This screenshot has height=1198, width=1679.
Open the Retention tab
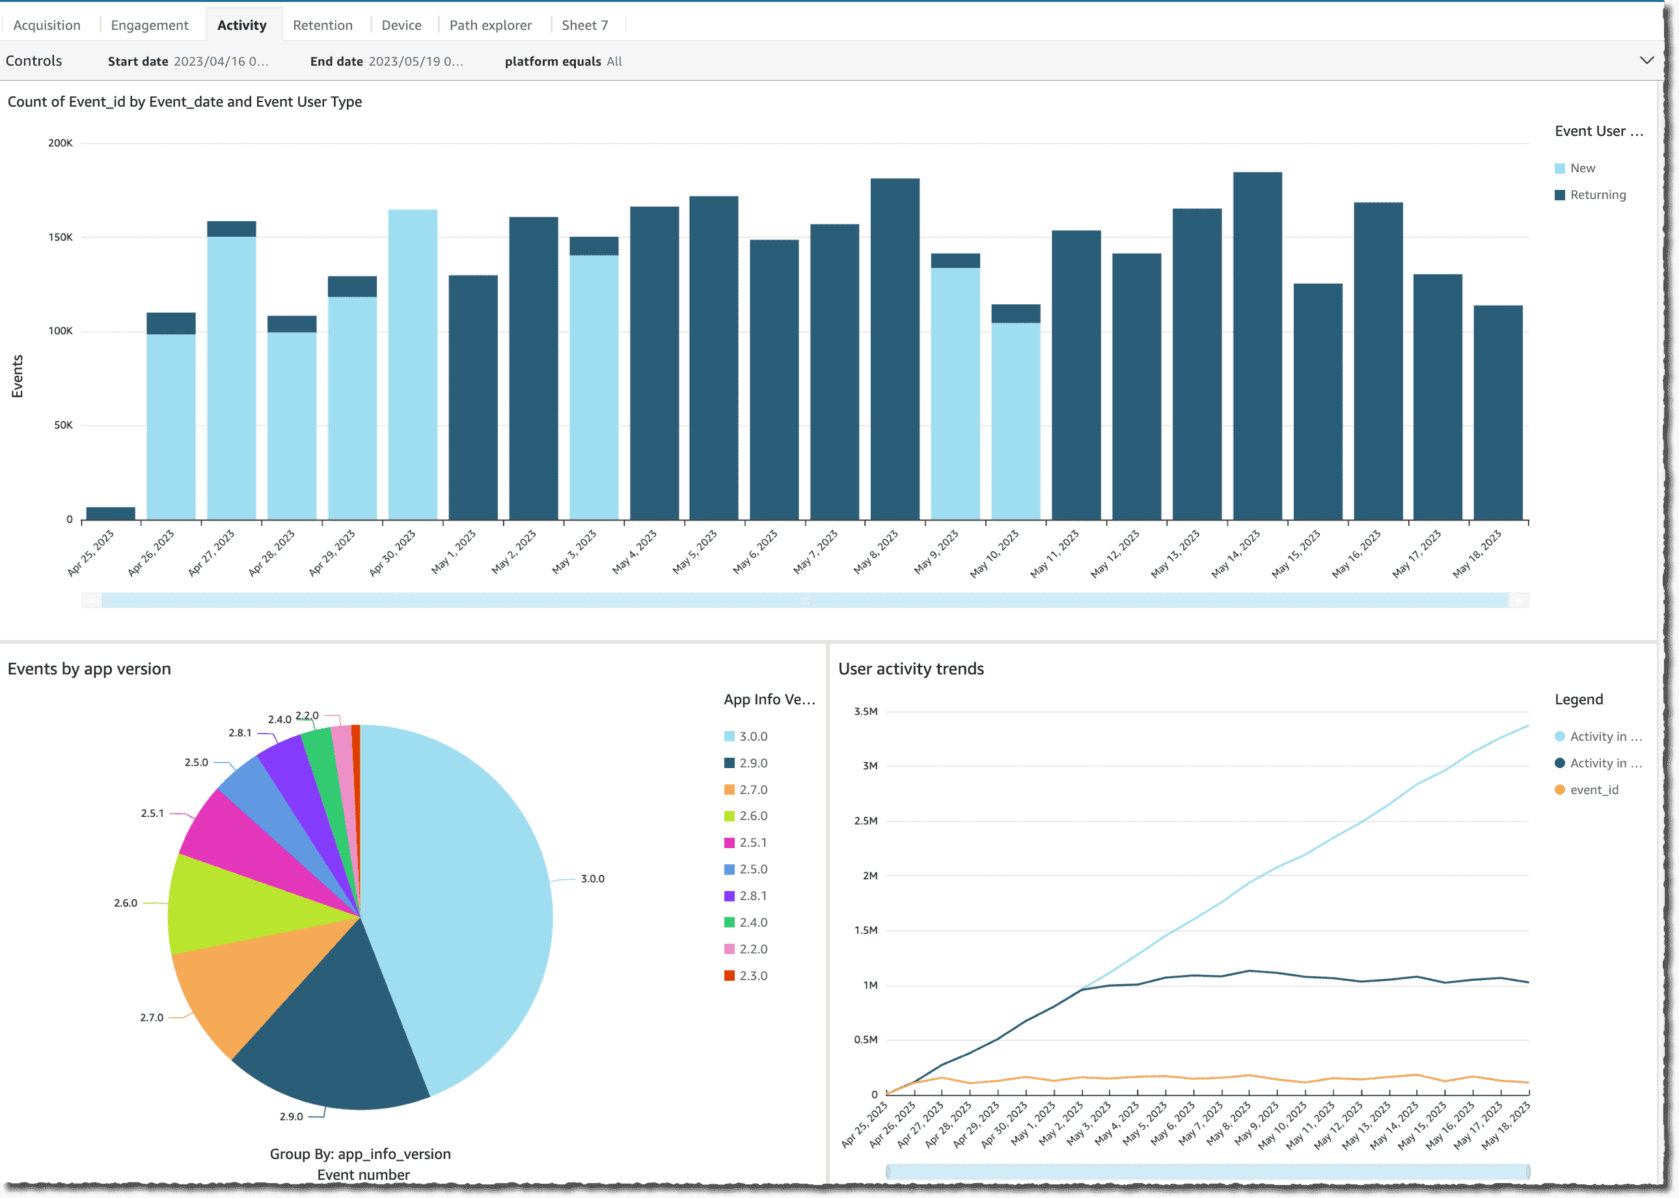(x=323, y=25)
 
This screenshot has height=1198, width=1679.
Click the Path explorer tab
(x=490, y=25)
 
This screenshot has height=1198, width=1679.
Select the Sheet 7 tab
(x=584, y=25)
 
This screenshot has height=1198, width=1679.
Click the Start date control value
(x=221, y=61)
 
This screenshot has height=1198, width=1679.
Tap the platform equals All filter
(x=563, y=61)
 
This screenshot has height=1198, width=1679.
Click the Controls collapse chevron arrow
(x=1646, y=60)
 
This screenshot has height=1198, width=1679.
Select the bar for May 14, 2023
(x=1257, y=347)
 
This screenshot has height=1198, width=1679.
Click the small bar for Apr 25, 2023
(x=111, y=512)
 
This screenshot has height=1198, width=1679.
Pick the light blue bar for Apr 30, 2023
(x=413, y=365)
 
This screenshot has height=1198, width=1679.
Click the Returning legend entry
(x=1597, y=194)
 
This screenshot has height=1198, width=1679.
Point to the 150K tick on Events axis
(x=61, y=237)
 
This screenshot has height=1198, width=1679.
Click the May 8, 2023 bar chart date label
(x=876, y=552)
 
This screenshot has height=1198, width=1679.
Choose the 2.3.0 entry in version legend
(x=753, y=975)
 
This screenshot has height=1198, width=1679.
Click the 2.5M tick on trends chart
(x=865, y=820)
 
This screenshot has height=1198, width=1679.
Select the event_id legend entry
(x=1593, y=790)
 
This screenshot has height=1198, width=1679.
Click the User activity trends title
(x=910, y=669)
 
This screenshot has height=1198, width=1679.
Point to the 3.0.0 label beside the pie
(x=592, y=879)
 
